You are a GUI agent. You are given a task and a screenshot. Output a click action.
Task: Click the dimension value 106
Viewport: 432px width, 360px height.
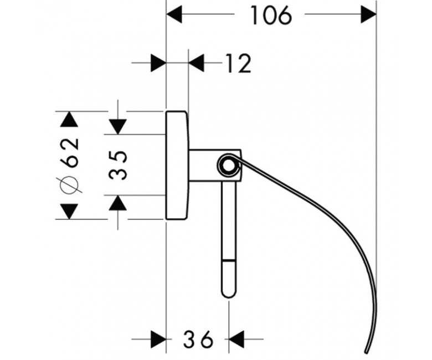tap(270, 16)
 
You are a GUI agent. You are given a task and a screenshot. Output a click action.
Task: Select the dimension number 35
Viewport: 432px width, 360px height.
tap(118, 165)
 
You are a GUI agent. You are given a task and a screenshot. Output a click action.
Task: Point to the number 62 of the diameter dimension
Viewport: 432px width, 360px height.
tap(69, 153)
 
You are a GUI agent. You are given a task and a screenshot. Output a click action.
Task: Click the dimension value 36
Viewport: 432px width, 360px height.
tap(198, 339)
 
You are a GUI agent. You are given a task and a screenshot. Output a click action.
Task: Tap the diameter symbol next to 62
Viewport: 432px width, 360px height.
tap(69, 184)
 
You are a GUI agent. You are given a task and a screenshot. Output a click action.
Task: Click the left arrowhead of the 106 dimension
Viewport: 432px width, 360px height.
tap(174, 14)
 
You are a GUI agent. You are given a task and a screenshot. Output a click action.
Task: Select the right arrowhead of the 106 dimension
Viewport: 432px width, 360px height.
tap(368, 14)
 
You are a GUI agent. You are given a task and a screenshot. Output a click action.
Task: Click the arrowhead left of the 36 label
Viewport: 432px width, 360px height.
tap(159, 339)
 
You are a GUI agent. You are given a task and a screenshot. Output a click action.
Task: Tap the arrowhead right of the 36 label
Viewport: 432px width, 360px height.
tap(236, 339)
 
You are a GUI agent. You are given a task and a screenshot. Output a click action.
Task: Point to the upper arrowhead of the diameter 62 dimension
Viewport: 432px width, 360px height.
tap(69, 119)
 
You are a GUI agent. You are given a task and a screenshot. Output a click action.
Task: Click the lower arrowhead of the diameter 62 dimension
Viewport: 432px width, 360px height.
tap(69, 212)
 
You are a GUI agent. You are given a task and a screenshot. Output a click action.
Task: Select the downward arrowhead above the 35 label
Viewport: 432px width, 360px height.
tap(117, 127)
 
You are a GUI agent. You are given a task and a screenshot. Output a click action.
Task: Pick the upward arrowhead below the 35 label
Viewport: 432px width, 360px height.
tap(117, 203)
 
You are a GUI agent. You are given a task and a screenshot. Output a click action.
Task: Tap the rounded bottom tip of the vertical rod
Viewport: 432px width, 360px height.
tap(229, 296)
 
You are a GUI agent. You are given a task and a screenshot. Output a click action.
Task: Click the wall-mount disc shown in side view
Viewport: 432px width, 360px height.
tap(177, 165)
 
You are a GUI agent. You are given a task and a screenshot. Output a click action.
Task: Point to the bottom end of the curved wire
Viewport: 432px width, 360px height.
tap(366, 352)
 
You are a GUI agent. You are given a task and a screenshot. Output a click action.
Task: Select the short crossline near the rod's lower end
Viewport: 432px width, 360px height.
tap(229, 260)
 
